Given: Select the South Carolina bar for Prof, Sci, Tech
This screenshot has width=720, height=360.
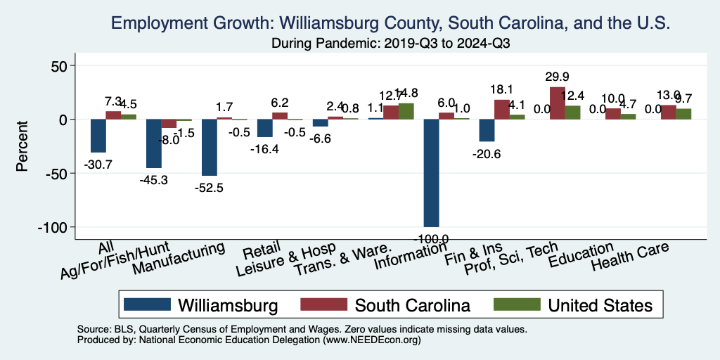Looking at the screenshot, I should pyautogui.click(x=557, y=103).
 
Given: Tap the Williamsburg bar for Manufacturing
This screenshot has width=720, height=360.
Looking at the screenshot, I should pyautogui.click(x=210, y=148).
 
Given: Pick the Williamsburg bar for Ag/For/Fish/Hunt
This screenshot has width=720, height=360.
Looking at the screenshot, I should pyautogui.click(x=153, y=143).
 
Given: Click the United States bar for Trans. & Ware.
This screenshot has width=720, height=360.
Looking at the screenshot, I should pyautogui.click(x=406, y=111).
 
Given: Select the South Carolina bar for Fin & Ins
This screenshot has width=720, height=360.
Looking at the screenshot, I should pyautogui.click(x=501, y=110).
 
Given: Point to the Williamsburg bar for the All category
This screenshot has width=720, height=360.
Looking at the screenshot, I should pyautogui.click(x=98, y=136).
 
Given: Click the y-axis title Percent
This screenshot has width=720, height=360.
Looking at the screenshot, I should pyautogui.click(x=22, y=146).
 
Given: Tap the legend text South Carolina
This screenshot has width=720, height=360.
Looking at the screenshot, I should pyautogui.click(x=412, y=305).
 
